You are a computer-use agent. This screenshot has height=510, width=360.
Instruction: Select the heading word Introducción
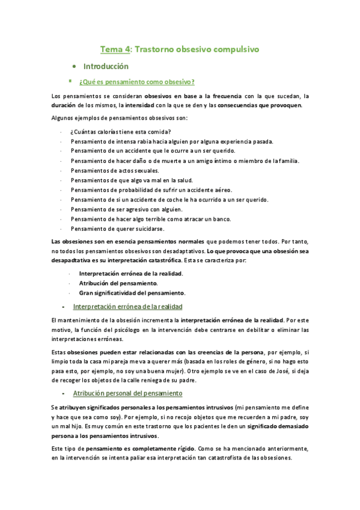(106, 66)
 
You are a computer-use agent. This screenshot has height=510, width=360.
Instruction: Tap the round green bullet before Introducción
(73, 66)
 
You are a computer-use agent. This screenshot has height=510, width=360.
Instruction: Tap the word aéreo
(216, 190)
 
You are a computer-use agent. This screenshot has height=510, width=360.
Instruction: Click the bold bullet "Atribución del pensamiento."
(118, 283)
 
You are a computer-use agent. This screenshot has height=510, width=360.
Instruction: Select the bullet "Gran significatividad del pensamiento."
(132, 293)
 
